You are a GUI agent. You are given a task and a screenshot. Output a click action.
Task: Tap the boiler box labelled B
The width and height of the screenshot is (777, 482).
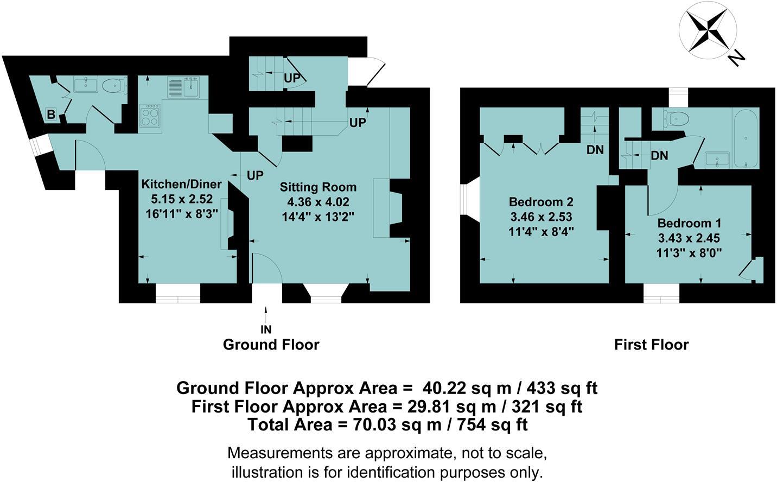[51, 115]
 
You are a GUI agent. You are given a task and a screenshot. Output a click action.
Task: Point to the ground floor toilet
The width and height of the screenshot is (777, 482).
[114, 86]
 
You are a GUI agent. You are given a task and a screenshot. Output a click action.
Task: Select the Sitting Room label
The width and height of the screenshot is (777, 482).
[318, 187]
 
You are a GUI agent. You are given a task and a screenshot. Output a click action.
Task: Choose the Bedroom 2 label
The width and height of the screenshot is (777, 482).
[540, 202]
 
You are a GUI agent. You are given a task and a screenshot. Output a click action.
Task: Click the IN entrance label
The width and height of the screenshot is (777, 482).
[266, 329]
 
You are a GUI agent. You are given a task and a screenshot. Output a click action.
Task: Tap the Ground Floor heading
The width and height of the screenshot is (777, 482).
[271, 345]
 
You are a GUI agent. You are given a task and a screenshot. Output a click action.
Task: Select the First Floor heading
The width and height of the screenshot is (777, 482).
[651, 345]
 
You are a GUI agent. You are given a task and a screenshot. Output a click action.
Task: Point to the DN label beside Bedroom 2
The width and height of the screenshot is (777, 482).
[595, 150]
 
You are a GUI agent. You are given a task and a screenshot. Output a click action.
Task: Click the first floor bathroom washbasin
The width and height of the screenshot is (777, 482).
[717, 159]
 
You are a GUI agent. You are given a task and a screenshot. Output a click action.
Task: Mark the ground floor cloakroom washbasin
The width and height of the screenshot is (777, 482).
[86, 85]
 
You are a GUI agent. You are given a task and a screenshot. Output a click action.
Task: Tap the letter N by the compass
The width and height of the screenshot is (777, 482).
[736, 57]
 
